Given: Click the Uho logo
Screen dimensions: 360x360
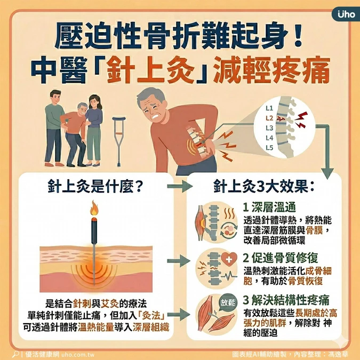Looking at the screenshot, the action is coord(347,14).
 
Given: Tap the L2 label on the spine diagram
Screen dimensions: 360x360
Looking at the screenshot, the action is coord(269,118).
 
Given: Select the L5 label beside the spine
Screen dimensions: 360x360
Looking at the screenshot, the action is coord(269,148).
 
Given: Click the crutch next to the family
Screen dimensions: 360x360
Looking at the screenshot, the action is coord(119,141).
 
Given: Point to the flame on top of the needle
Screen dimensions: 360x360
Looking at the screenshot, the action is coord(94,208).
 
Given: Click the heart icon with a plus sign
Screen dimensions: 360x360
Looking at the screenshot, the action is coord(229,259).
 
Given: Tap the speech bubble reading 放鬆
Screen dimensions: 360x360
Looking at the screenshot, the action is coord(228,302).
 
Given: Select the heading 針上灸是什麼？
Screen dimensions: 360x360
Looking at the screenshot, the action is coord(95,187).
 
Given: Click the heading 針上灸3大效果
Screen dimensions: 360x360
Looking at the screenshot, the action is coord(263,187).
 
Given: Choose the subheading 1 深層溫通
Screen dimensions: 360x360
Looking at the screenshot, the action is coord(269,207).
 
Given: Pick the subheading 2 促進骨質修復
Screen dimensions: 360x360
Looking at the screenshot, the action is coord(281,258).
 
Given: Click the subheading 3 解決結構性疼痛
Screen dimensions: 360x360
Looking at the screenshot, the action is coord(286,300).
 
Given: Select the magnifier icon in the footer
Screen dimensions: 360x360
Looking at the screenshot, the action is coord(15,354).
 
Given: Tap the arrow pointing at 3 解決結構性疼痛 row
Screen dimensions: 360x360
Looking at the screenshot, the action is coord(179,314).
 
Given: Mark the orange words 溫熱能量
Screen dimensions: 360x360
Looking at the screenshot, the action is coord(96,327).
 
